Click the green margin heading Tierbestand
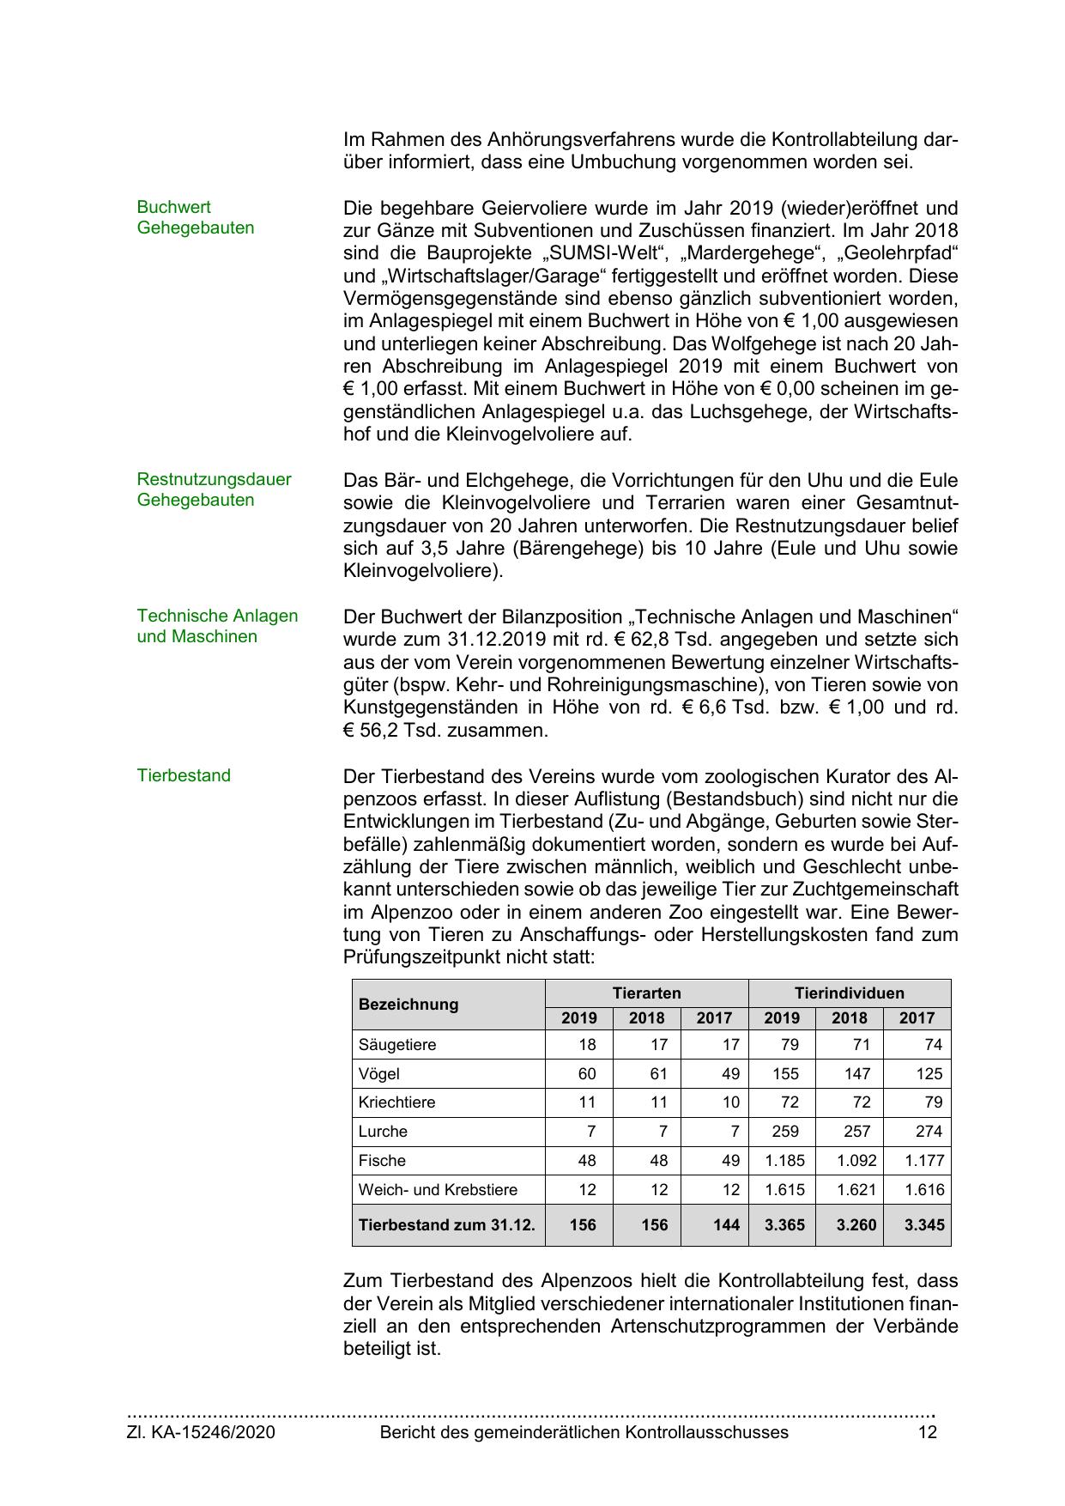(184, 775)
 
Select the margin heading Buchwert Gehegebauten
(195, 217)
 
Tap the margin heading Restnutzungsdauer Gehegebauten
(214, 489)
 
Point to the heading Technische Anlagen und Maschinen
(217, 626)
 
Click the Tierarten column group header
(646, 993)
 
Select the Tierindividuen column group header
(849, 993)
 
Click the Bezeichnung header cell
(408, 1005)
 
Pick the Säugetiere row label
(397, 1045)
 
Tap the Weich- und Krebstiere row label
(438, 1190)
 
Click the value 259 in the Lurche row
(784, 1132)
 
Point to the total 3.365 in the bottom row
(784, 1224)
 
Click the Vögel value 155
(784, 1074)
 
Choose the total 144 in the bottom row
(725, 1224)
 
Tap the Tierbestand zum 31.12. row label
(446, 1224)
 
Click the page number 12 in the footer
(927, 1431)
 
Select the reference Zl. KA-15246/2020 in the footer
(201, 1431)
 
